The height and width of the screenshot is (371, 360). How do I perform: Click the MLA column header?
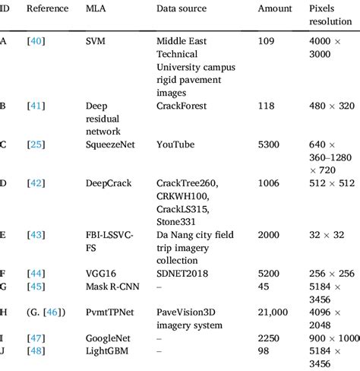96,8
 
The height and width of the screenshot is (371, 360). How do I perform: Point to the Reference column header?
48,8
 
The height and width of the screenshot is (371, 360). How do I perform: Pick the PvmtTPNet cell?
112,312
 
